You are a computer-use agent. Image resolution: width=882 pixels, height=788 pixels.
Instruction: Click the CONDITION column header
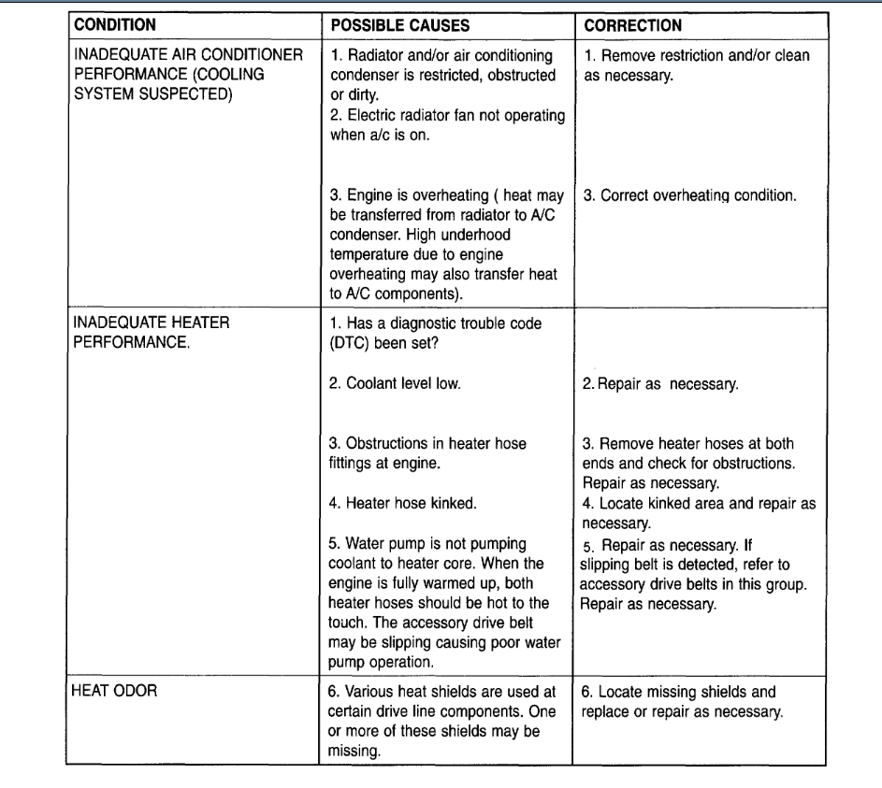115,25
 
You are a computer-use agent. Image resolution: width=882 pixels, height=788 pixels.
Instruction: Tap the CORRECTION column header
632,25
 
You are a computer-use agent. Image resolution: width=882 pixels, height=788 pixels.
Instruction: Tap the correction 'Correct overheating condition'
689,197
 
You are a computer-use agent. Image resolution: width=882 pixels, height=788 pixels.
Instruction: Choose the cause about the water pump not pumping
448,584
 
